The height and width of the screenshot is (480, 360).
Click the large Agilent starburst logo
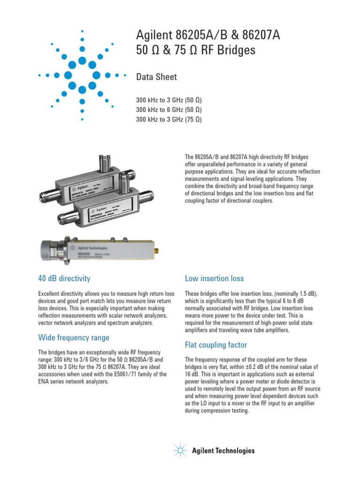point(82,75)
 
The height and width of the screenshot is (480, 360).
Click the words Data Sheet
point(156,77)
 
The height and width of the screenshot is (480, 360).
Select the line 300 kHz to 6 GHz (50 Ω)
point(169,110)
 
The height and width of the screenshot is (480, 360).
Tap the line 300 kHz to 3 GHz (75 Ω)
point(169,119)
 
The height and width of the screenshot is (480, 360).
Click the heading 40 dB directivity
point(64,278)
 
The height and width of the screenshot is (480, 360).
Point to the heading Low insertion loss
point(214,278)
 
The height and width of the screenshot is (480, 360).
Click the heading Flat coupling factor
point(216,345)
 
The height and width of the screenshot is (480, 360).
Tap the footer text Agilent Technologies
point(224,451)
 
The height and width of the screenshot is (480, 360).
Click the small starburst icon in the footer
point(180,450)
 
